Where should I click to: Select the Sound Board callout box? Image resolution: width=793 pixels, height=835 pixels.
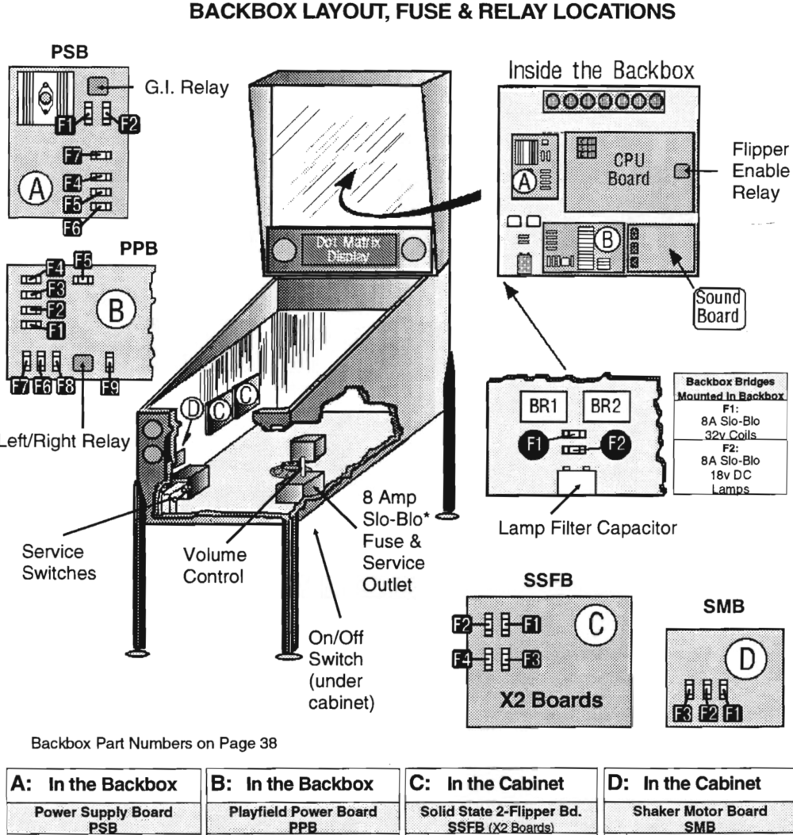tap(718, 308)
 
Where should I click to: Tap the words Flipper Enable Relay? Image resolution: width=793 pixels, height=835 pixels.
tap(760, 171)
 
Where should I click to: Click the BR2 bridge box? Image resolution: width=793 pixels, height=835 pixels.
tap(605, 406)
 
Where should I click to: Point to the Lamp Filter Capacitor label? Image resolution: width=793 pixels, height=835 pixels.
tap(588, 527)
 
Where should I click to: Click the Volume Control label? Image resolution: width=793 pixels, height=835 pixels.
tap(214, 565)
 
